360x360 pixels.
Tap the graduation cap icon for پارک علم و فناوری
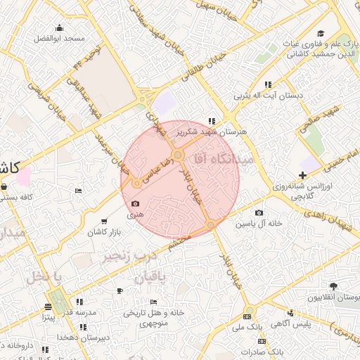321,33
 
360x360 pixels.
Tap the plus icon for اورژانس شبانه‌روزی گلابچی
302,175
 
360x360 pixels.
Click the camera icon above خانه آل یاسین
259,212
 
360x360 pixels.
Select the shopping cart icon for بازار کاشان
105,221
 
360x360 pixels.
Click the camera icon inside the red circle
135,204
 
